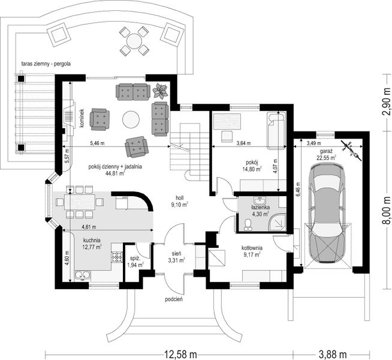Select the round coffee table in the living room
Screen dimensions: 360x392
pos(131,120)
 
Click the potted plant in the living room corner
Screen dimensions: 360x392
pos(161,91)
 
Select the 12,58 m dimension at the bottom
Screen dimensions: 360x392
pos(182,353)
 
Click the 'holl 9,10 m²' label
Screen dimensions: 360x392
pos(179,200)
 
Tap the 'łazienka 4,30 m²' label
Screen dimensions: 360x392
pos(260,209)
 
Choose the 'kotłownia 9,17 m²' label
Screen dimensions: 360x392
pos(251,251)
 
